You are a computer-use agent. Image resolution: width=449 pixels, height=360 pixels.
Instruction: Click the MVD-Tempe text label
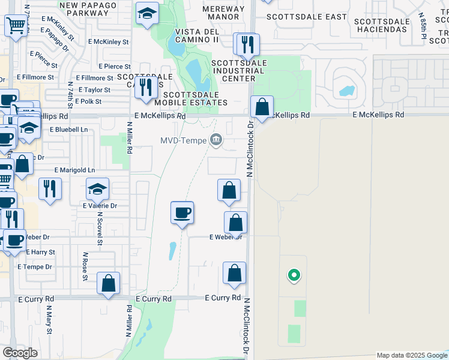(x=183, y=141)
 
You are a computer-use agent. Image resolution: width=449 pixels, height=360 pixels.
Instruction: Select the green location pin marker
(x=294, y=275)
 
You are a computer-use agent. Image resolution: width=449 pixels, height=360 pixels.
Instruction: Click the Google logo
(x=20, y=353)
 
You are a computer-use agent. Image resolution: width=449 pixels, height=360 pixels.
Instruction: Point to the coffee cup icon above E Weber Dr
(x=182, y=212)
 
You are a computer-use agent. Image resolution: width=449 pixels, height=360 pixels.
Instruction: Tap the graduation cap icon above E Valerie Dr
(x=97, y=190)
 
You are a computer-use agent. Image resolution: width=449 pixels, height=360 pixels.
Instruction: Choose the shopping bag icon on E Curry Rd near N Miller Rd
(x=108, y=283)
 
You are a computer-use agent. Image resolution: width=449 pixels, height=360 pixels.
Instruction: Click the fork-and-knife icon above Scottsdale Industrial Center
(x=246, y=44)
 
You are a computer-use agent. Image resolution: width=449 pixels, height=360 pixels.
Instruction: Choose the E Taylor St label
(x=90, y=90)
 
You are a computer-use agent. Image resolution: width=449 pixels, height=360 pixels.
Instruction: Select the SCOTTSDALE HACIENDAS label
(x=382, y=25)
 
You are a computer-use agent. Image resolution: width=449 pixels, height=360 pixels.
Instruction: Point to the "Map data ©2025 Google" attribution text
(x=411, y=355)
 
